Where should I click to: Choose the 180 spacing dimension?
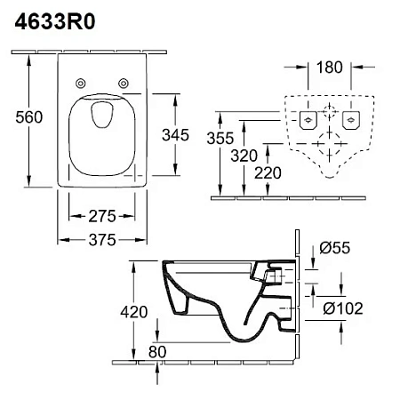click(x=329, y=67)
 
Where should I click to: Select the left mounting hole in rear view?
click(x=308, y=119)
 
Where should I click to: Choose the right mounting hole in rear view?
click(x=351, y=119)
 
